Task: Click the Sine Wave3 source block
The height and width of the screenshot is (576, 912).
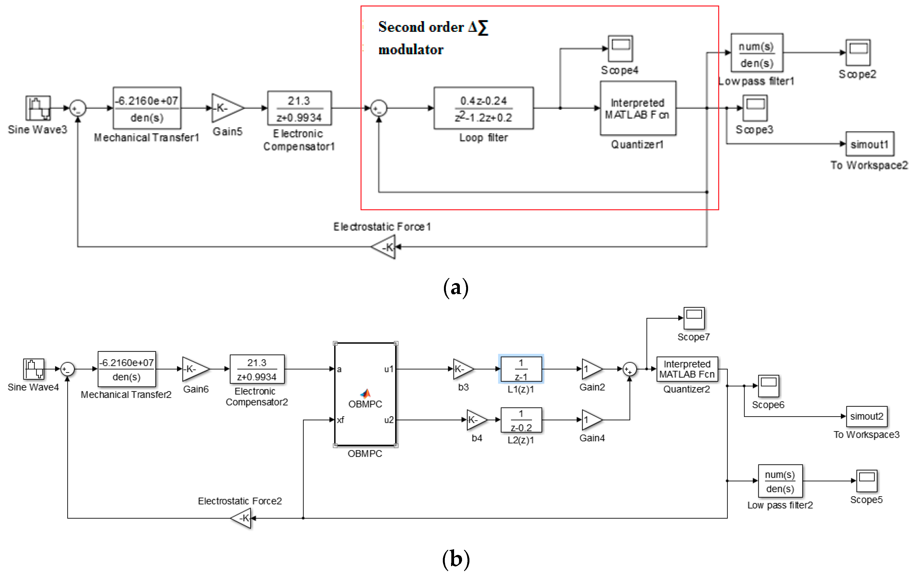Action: point(38,108)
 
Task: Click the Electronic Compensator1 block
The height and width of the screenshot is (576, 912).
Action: point(299,108)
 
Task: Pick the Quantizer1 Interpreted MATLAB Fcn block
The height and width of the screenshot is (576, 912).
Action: point(638,108)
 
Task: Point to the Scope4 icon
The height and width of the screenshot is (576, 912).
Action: point(620,49)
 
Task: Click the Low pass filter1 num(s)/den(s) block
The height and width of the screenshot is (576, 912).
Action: point(756,53)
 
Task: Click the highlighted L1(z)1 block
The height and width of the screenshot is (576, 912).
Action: point(521,369)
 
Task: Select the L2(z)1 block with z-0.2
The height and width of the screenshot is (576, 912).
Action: point(521,420)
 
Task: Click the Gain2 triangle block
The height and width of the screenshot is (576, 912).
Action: point(591,369)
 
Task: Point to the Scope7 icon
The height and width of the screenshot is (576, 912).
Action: point(694,318)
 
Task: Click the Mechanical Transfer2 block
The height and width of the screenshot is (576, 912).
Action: point(127,369)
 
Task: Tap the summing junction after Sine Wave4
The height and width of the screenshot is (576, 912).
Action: point(67,369)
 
